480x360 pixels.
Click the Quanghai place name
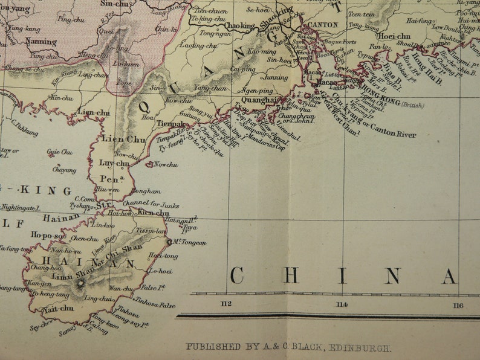point(259,100)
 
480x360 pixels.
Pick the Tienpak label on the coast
point(171,123)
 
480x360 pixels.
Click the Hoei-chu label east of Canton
point(395,36)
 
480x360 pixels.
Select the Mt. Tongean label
point(189,243)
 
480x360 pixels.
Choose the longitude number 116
point(458,305)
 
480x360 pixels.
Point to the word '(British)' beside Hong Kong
point(412,105)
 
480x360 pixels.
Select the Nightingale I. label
point(19,207)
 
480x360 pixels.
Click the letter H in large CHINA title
point(291,276)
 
